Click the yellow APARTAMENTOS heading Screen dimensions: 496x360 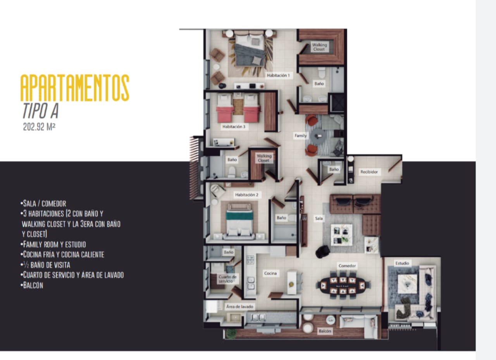click(x=75, y=88)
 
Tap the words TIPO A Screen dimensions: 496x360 click(x=41, y=111)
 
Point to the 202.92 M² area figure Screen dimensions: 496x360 click(x=39, y=127)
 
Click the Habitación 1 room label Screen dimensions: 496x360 click(x=278, y=76)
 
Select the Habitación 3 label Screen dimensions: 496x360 click(x=234, y=127)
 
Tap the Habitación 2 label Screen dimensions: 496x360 click(x=247, y=195)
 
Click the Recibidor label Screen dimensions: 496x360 click(x=369, y=172)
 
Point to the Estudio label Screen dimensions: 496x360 click(x=402, y=263)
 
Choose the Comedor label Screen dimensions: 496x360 click(x=347, y=266)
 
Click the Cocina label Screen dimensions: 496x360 click(x=270, y=274)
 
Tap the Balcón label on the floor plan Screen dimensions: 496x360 click(x=325, y=331)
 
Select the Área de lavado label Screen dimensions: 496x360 click(x=239, y=307)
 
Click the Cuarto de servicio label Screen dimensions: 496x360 click(x=227, y=279)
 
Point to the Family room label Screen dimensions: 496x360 click(x=300, y=136)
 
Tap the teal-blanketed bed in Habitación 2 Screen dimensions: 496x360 click(x=239, y=221)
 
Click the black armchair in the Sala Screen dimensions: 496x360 click(x=322, y=252)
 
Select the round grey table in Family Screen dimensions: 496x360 click(x=318, y=137)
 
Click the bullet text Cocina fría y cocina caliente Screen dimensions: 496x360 click(x=62, y=255)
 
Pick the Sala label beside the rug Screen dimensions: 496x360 click(x=319, y=219)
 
